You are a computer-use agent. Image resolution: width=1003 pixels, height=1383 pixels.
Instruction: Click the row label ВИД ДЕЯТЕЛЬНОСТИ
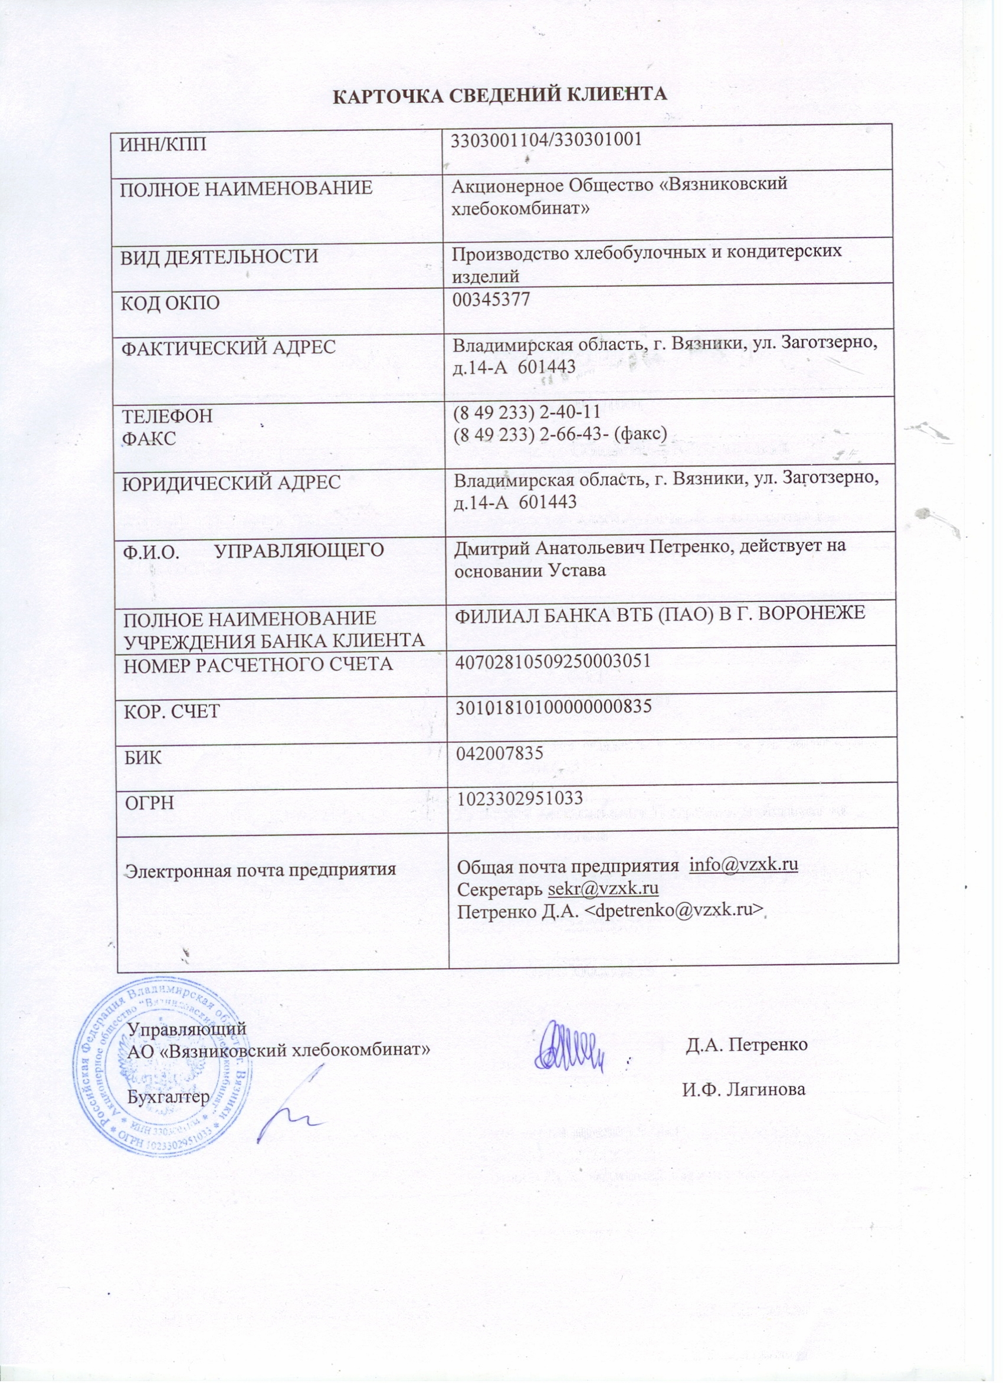point(219,257)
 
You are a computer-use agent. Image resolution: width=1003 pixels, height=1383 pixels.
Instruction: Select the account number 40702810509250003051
point(552,660)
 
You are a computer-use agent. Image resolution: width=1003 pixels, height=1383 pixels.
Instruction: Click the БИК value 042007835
point(500,753)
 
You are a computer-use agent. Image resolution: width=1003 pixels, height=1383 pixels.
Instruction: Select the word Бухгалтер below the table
point(169,1096)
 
